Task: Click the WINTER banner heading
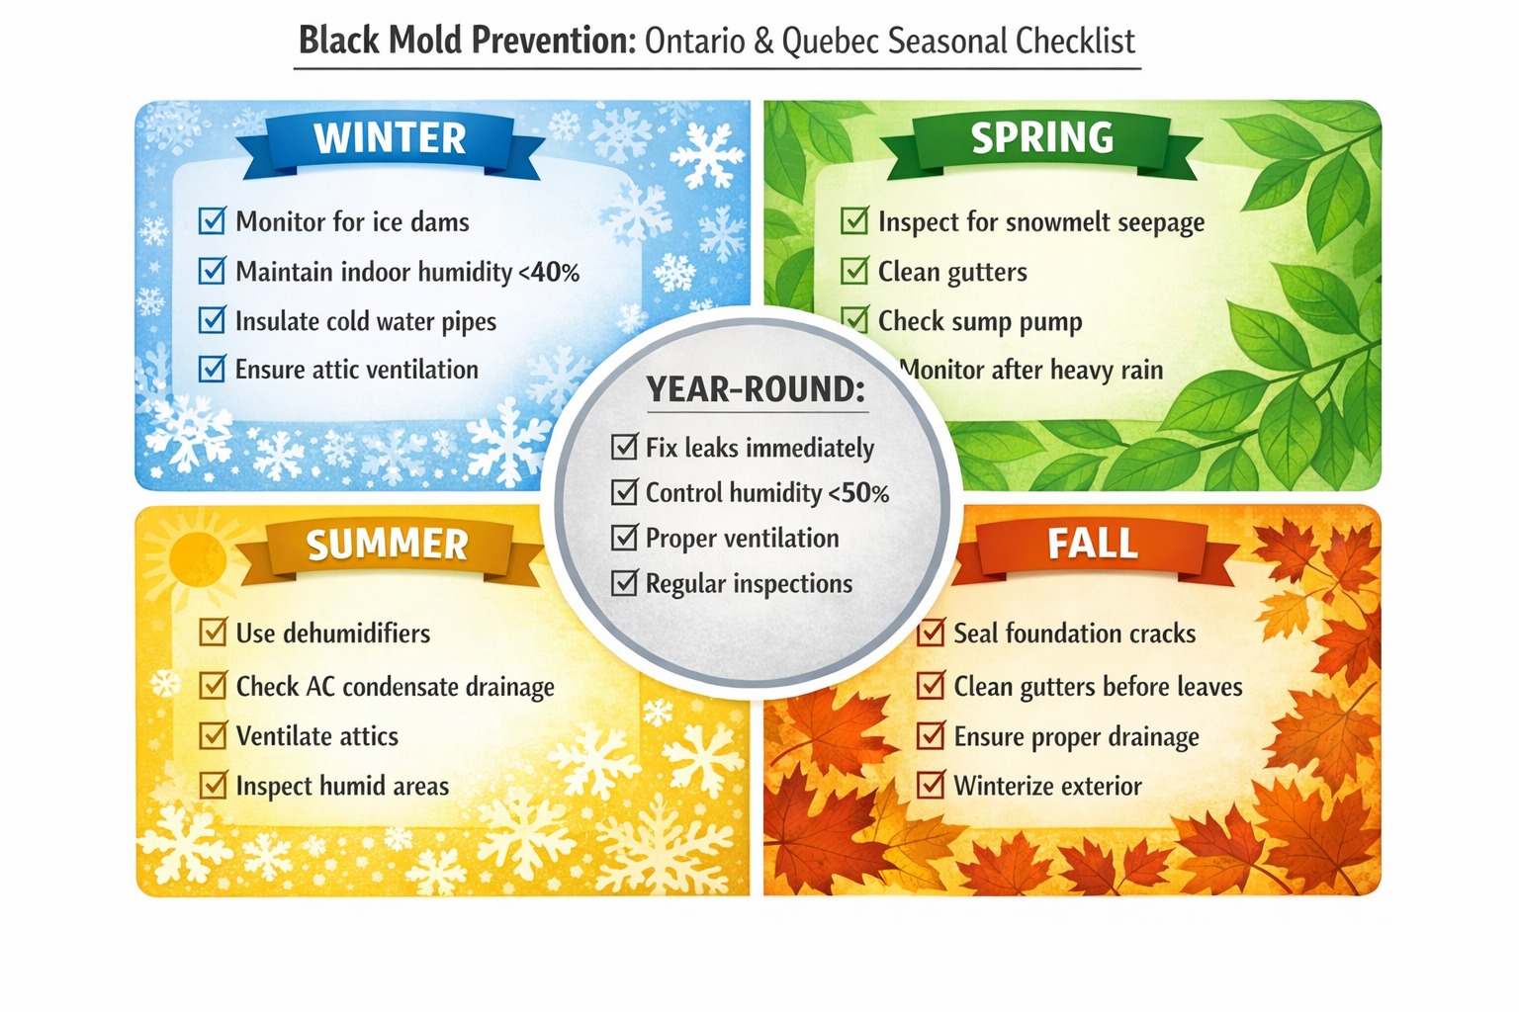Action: [390, 138]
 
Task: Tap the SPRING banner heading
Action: [1041, 137]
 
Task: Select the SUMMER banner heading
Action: [387, 545]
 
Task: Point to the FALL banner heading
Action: [1092, 544]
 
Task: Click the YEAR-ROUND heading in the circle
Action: [756, 389]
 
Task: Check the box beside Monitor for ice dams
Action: [212, 220]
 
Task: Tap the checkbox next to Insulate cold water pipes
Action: [212, 320]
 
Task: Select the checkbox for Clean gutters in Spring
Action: [853, 271]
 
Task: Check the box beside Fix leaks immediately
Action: [624, 448]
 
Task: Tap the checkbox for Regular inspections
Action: [624, 583]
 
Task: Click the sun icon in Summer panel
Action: [197, 557]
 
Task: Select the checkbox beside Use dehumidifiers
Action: [213, 632]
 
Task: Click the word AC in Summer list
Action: [320, 687]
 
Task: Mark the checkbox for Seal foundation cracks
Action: [931, 632]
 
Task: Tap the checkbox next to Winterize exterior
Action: [931, 786]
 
